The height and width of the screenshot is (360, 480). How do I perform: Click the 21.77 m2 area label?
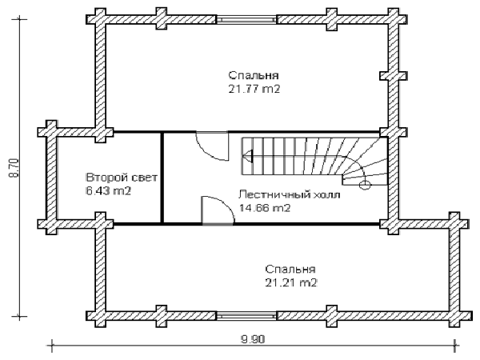click(x=254, y=89)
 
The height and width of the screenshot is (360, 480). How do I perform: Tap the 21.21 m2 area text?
click(x=291, y=283)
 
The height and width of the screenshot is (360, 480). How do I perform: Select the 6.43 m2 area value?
click(x=109, y=191)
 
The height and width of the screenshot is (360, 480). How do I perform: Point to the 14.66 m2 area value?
click(x=265, y=208)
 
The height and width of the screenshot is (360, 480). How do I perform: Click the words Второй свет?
click(x=122, y=178)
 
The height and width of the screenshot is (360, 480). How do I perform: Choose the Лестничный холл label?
click(x=290, y=194)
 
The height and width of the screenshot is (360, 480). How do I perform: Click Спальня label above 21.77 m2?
click(x=254, y=75)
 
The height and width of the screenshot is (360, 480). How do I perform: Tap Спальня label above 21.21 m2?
click(x=290, y=269)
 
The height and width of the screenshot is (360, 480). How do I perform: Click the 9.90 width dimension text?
click(x=253, y=339)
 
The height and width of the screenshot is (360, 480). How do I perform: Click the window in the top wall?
click(x=246, y=19)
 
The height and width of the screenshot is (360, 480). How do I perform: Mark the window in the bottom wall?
click(x=246, y=316)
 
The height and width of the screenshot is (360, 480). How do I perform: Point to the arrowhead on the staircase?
click(x=248, y=156)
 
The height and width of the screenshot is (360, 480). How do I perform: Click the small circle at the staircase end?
click(x=365, y=185)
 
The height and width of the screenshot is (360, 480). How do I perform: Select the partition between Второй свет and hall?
click(x=162, y=178)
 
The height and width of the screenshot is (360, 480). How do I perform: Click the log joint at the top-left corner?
click(x=96, y=19)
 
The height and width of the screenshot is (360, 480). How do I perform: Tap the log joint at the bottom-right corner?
click(x=460, y=316)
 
